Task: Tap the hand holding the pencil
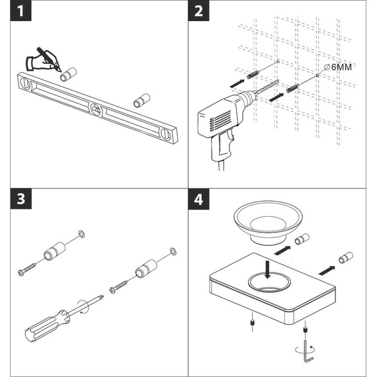(x=40, y=62)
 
